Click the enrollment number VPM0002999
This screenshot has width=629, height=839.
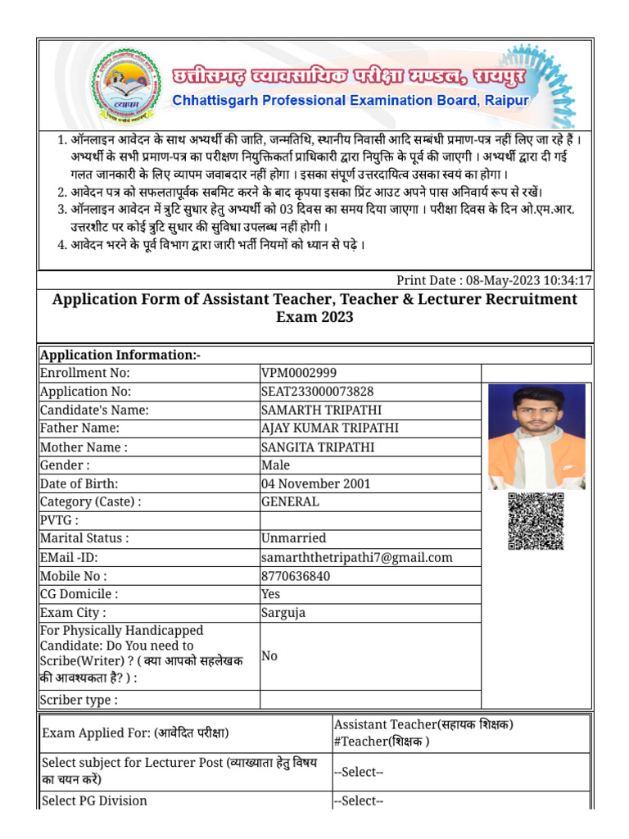click(x=298, y=373)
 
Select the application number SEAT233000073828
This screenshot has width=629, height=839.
click(x=317, y=392)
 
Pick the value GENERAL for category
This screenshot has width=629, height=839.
click(x=290, y=501)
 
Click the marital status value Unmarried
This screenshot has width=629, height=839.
click(x=293, y=538)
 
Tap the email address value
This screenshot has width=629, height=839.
click(x=356, y=557)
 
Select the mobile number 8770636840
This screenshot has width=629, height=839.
click(x=296, y=576)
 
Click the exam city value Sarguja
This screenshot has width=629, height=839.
click(x=284, y=612)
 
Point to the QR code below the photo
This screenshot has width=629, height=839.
click(x=536, y=522)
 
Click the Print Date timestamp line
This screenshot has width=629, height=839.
click(x=494, y=280)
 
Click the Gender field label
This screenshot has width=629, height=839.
click(x=65, y=465)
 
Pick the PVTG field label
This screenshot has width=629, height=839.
click(x=60, y=520)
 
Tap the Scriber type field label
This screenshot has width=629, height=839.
click(x=79, y=700)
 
